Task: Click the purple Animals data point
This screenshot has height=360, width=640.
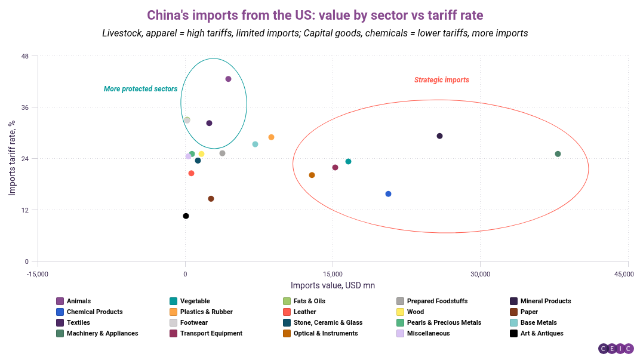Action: [228, 79]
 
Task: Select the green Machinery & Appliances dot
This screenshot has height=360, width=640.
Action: [558, 154]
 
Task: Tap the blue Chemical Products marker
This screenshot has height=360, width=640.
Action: [388, 194]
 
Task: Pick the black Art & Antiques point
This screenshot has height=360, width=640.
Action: [186, 216]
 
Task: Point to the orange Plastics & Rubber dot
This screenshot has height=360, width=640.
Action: [271, 137]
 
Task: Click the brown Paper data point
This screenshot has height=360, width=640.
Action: [211, 199]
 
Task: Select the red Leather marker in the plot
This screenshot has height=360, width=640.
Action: [191, 173]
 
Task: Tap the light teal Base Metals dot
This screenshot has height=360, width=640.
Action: [255, 144]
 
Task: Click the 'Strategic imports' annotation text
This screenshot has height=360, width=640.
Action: [441, 80]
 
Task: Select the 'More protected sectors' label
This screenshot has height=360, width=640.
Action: [140, 89]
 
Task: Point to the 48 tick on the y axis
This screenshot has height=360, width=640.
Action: [25, 57]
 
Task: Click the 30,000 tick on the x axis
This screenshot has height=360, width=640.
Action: [481, 274]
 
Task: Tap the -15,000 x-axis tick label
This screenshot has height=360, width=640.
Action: [38, 274]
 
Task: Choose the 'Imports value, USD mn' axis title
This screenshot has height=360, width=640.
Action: [333, 285]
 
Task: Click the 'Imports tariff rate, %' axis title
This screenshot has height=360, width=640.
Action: [12, 158]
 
